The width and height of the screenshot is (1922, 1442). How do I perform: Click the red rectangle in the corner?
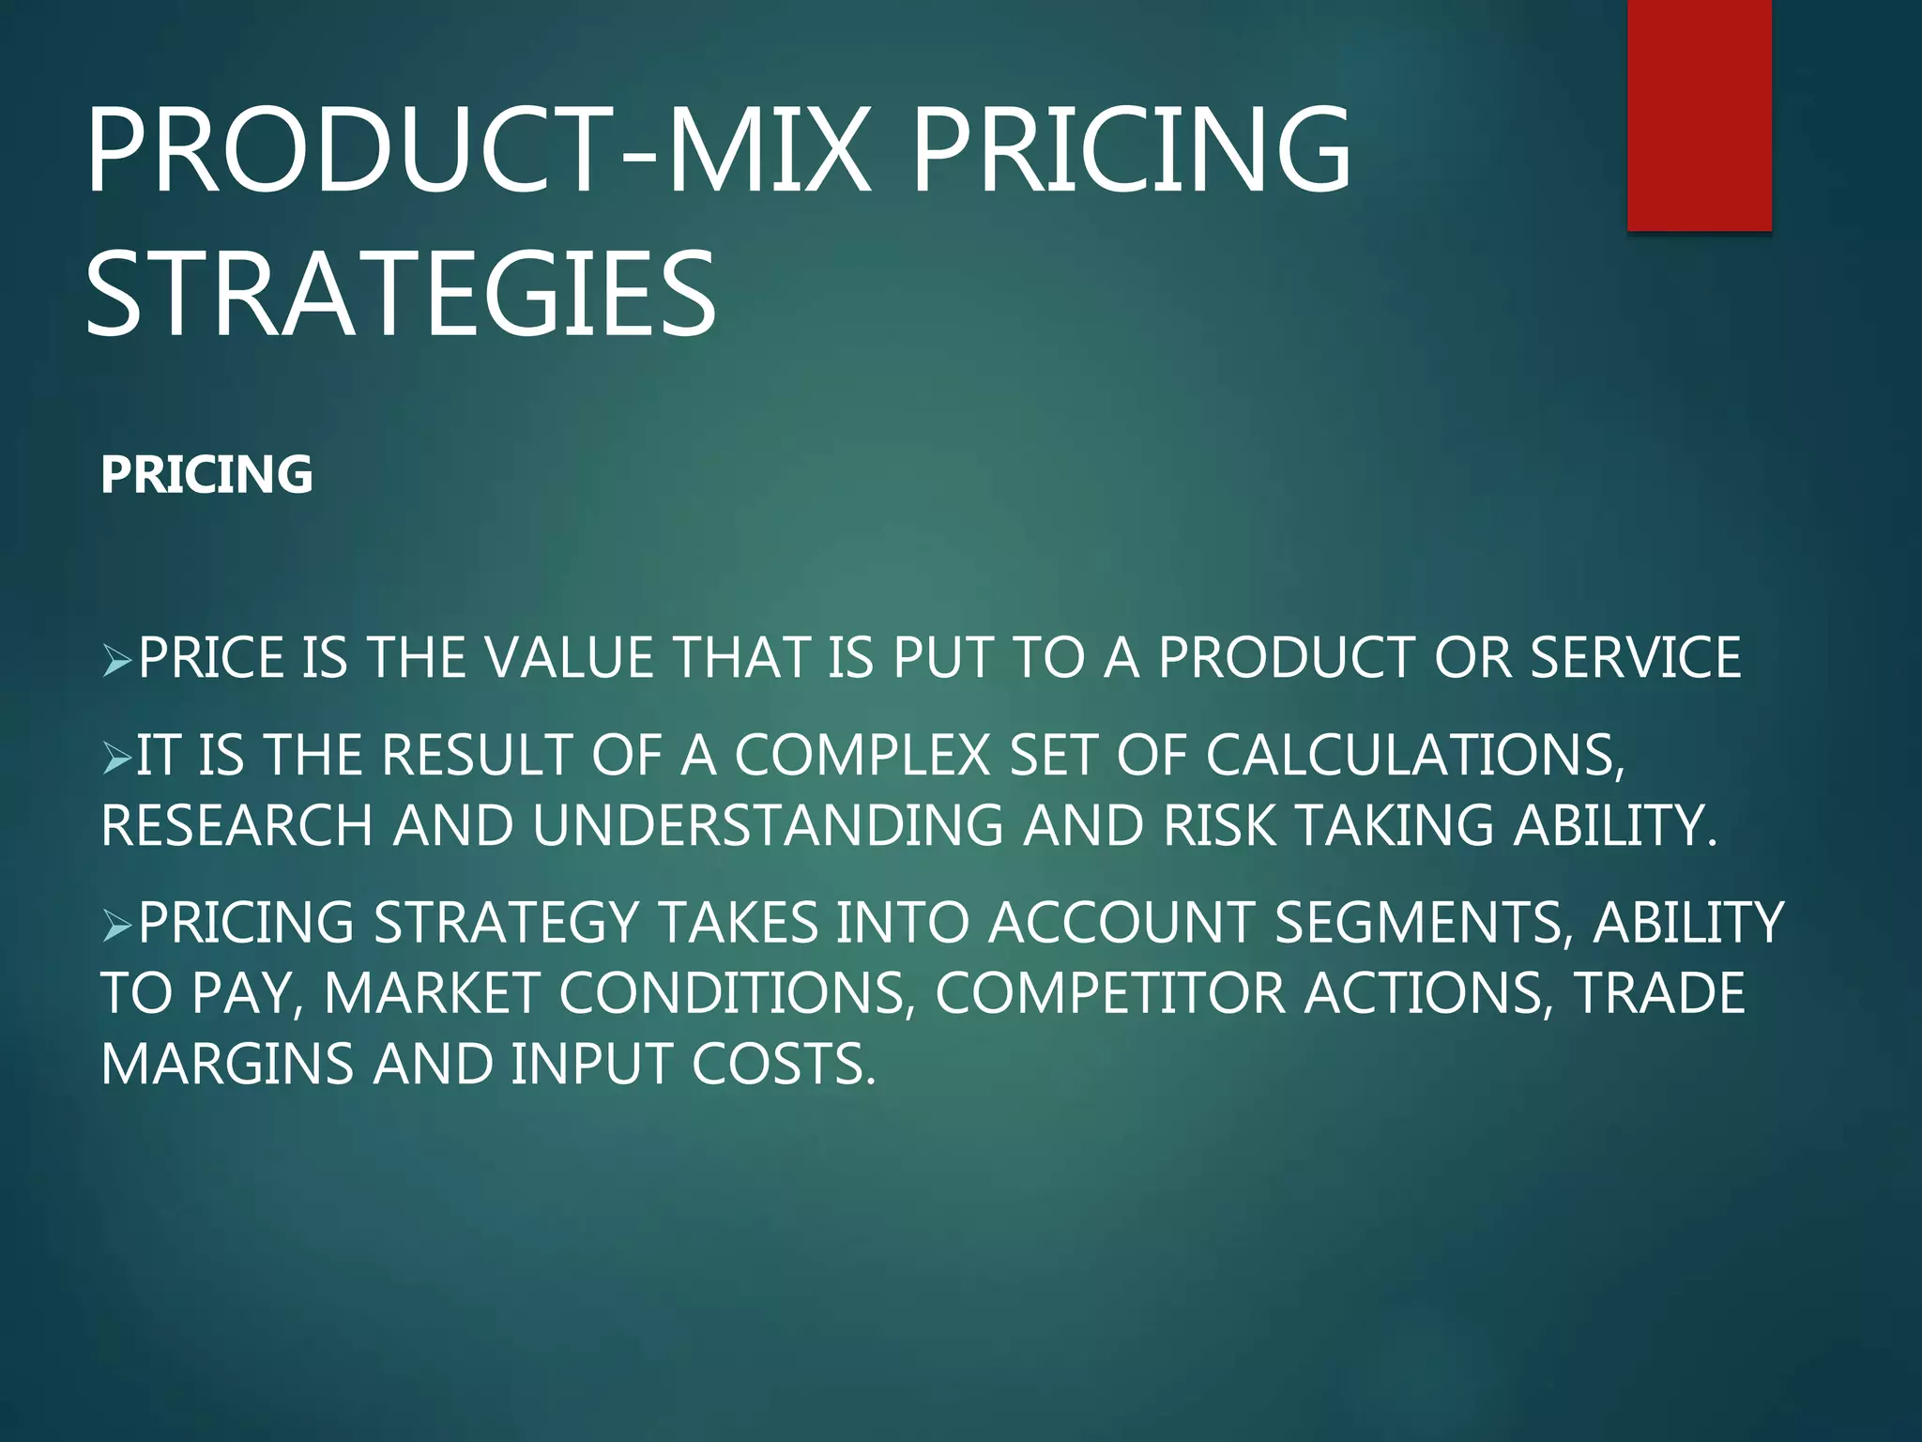pos(1699,115)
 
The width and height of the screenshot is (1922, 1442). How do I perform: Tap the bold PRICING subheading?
pos(206,474)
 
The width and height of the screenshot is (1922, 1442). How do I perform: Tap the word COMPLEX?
pos(862,755)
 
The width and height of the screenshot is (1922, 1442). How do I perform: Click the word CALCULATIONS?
pos(1415,755)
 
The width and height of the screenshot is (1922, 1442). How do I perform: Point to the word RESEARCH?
pos(236,825)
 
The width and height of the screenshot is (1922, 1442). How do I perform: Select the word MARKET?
pos(430,993)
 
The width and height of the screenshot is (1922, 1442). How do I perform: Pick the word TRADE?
pos(1658,993)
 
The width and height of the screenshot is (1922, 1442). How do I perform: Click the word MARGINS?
pos(226,1065)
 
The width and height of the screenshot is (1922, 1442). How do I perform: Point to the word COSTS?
pos(784,1065)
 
